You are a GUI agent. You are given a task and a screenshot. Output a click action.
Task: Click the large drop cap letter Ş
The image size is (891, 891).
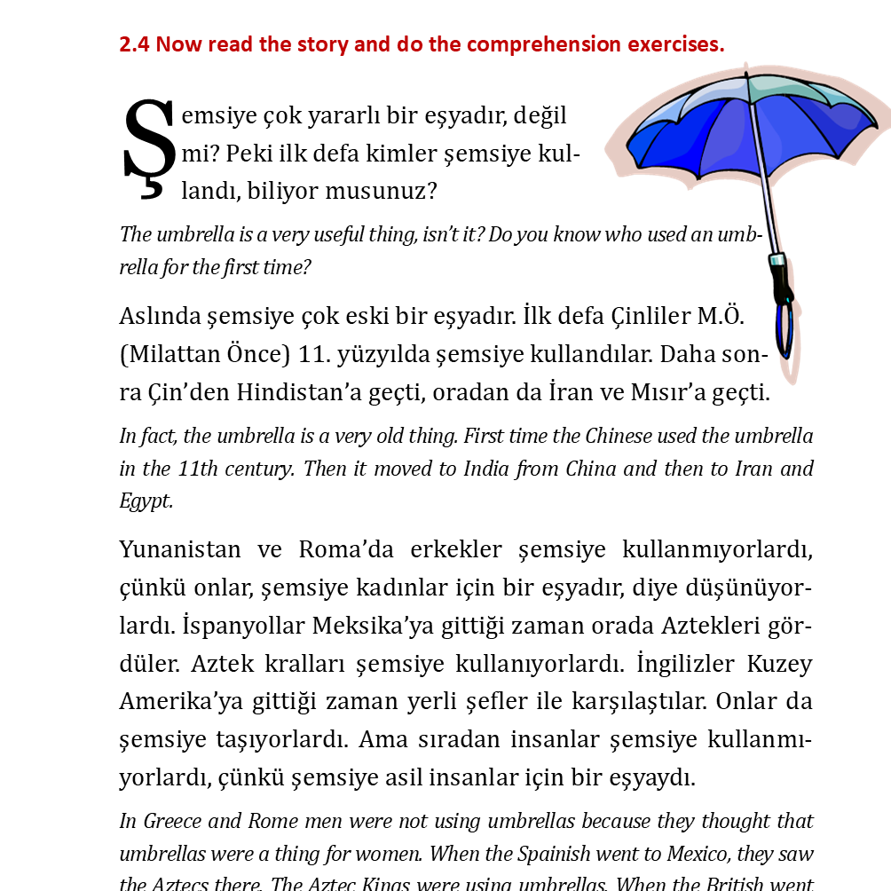coord(146,147)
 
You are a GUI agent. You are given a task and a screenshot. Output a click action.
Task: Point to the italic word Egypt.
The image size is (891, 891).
coord(146,501)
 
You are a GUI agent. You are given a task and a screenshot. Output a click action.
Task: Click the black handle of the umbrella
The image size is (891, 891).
coord(783,284)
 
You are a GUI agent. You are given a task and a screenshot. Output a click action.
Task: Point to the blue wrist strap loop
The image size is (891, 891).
coord(785,333)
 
